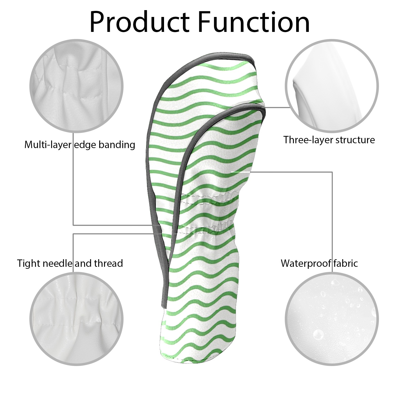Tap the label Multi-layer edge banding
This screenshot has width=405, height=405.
pyautogui.click(x=80, y=145)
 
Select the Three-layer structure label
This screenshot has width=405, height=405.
pyautogui.click(x=329, y=140)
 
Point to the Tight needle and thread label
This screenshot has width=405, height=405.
pyautogui.click(x=70, y=263)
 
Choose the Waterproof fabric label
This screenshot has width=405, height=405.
pyautogui.click(x=319, y=263)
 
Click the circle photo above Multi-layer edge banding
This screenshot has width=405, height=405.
pyautogui.click(x=77, y=86)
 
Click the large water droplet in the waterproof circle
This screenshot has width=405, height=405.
pyautogui.click(x=318, y=334)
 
